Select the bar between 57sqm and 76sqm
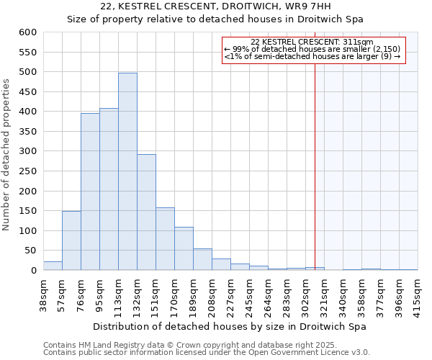tap(71, 240)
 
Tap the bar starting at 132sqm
tap(146, 212)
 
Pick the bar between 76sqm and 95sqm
tap(90, 192)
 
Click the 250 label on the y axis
tap(28, 171)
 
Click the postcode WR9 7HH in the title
tap(310, 6)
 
